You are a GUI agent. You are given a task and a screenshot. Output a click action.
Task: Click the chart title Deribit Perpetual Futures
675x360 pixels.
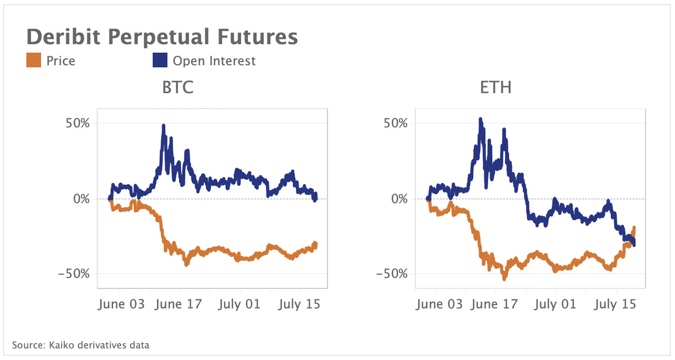162,37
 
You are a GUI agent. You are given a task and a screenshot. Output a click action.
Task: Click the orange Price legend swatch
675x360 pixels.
34,61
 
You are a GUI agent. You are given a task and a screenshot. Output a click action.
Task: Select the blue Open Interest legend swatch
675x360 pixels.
160,61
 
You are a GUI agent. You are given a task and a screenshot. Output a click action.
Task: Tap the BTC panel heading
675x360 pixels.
177,87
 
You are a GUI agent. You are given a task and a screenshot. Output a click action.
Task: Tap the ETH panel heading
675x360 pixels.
495,87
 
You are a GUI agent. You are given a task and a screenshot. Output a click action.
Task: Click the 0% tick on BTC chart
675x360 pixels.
82,199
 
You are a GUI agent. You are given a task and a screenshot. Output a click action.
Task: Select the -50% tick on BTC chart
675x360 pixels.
76,274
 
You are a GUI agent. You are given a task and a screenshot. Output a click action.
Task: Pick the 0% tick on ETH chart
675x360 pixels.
400,199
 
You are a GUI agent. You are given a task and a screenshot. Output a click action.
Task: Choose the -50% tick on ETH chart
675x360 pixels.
394,274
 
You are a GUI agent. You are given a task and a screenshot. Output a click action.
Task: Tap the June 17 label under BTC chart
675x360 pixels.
180,304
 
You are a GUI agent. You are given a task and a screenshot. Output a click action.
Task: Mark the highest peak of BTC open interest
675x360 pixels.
163,126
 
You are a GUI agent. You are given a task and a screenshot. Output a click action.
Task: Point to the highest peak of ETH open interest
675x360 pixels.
480,119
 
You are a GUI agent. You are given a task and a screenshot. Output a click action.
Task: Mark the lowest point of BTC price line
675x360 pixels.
186,265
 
